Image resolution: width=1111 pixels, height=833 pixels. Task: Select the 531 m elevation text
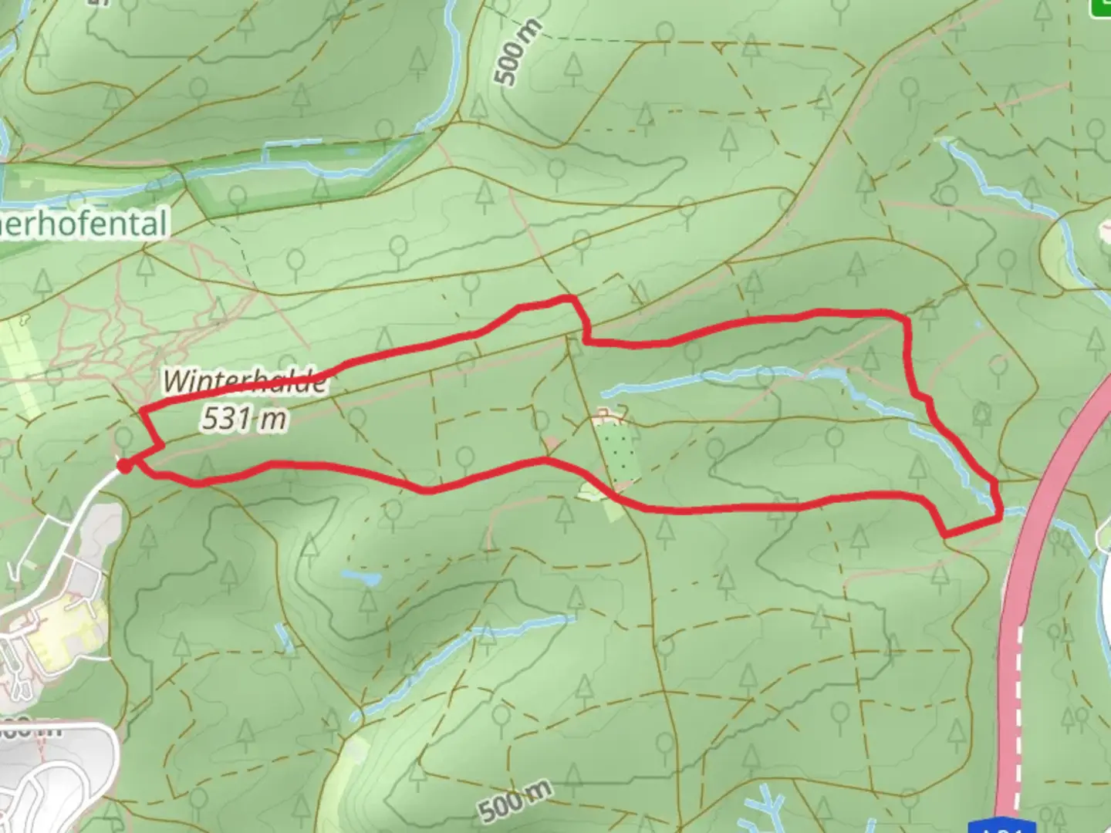[245, 418]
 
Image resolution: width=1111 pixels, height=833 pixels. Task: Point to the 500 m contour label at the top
[518, 52]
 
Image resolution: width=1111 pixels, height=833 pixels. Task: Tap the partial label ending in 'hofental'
[85, 224]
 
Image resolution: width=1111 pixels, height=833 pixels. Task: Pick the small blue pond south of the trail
[361, 577]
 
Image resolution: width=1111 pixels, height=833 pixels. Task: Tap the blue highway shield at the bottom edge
[1010, 826]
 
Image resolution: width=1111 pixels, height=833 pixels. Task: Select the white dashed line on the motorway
[1019, 694]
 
